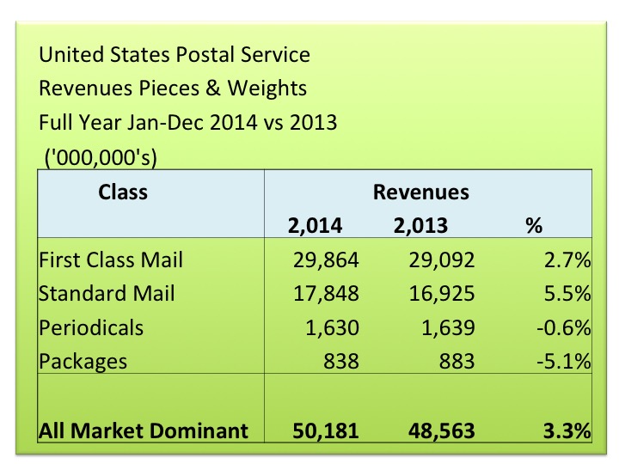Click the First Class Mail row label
(111, 259)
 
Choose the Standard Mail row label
(107, 293)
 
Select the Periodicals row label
(90, 327)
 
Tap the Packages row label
(83, 361)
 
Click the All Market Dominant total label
(144, 430)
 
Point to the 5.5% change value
(569, 293)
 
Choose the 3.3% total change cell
(568, 430)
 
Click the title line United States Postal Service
(175, 56)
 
